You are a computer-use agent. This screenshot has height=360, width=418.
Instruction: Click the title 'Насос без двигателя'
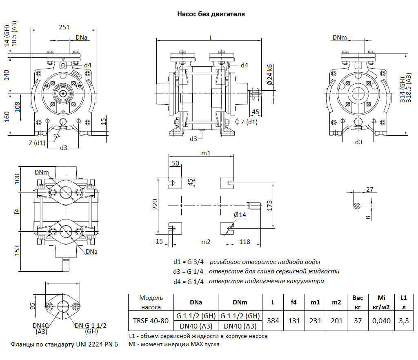pyautogui.click(x=211, y=14)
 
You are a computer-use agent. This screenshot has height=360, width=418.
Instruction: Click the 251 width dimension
pyautogui.click(x=64, y=27)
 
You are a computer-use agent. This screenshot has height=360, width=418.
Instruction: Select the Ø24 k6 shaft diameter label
pyautogui.click(x=269, y=75)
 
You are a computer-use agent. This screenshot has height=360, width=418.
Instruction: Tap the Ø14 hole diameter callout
pyautogui.click(x=240, y=215)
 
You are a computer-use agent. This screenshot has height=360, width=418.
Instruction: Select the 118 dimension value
pyautogui.click(x=245, y=242)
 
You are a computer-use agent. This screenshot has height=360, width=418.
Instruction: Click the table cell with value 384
pyautogui.click(x=273, y=321)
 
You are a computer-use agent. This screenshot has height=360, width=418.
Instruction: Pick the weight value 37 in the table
pyautogui.click(x=358, y=321)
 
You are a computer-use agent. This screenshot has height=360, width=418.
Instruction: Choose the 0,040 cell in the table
pyautogui.click(x=381, y=321)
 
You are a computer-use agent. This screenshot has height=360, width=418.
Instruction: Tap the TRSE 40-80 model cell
pyautogui.click(x=151, y=321)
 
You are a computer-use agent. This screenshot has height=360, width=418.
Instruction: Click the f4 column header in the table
pyautogui.click(x=293, y=303)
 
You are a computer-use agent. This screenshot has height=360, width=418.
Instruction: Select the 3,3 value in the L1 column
pyautogui.click(x=404, y=321)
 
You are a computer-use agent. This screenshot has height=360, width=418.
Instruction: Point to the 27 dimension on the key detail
pyautogui.click(x=370, y=189)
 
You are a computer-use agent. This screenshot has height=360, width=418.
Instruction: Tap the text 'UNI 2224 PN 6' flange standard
pyautogui.click(x=97, y=344)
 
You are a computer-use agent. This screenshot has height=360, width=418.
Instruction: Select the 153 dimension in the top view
pyautogui.click(x=17, y=250)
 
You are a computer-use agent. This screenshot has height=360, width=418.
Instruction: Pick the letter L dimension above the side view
pyautogui.click(x=211, y=38)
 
